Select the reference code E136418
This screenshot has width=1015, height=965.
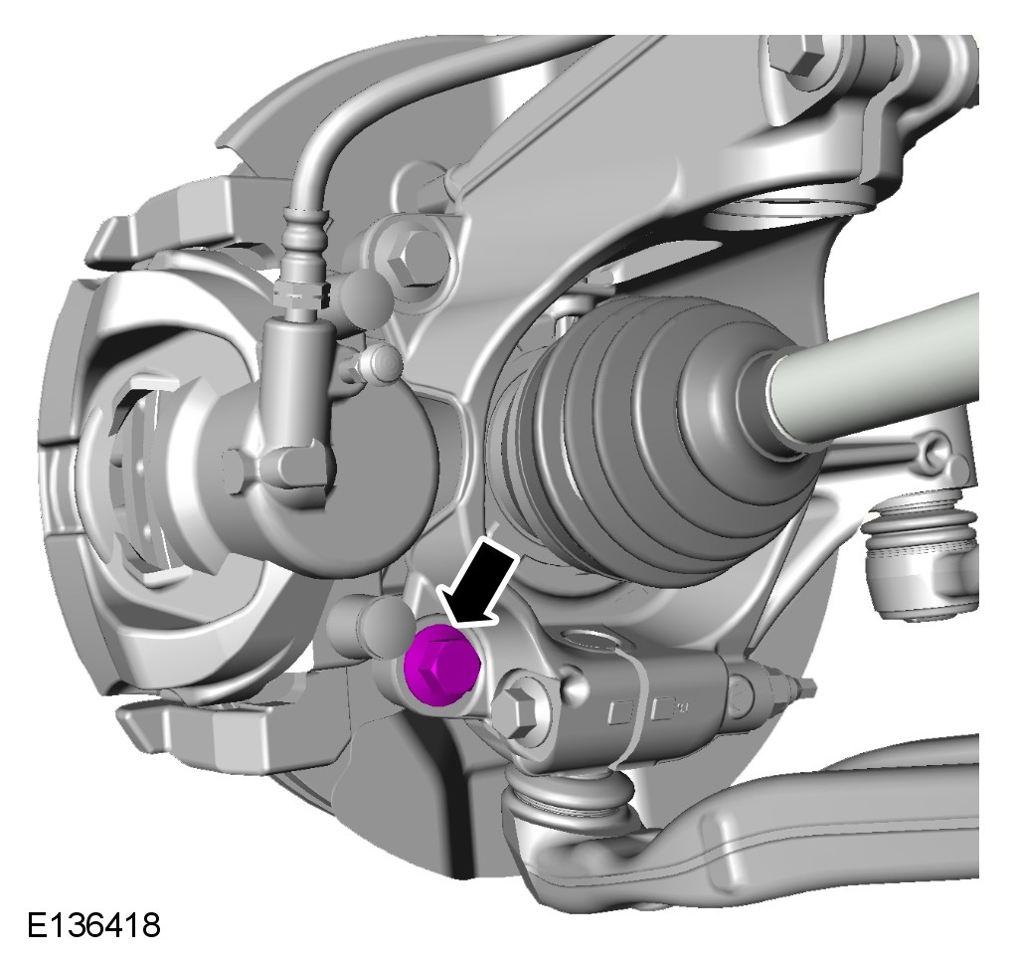point(93,925)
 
